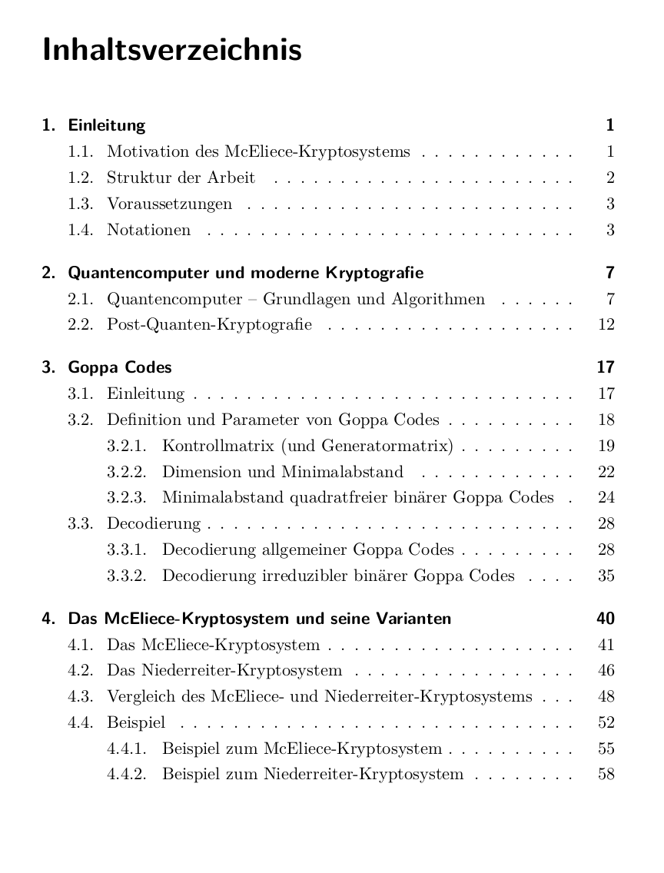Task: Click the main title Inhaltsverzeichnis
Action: tap(172, 51)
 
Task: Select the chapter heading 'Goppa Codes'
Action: tap(120, 367)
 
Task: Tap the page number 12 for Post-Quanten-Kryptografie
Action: tap(606, 324)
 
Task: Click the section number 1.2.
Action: tap(81, 178)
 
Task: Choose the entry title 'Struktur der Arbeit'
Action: tap(181, 178)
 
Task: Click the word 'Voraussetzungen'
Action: tap(169, 204)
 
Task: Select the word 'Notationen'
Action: tap(148, 231)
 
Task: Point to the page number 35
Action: tap(606, 576)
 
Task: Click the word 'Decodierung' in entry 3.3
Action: tap(154, 524)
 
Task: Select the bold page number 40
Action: tap(606, 619)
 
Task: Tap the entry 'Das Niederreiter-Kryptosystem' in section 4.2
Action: tap(224, 671)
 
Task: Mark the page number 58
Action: tap(606, 774)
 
